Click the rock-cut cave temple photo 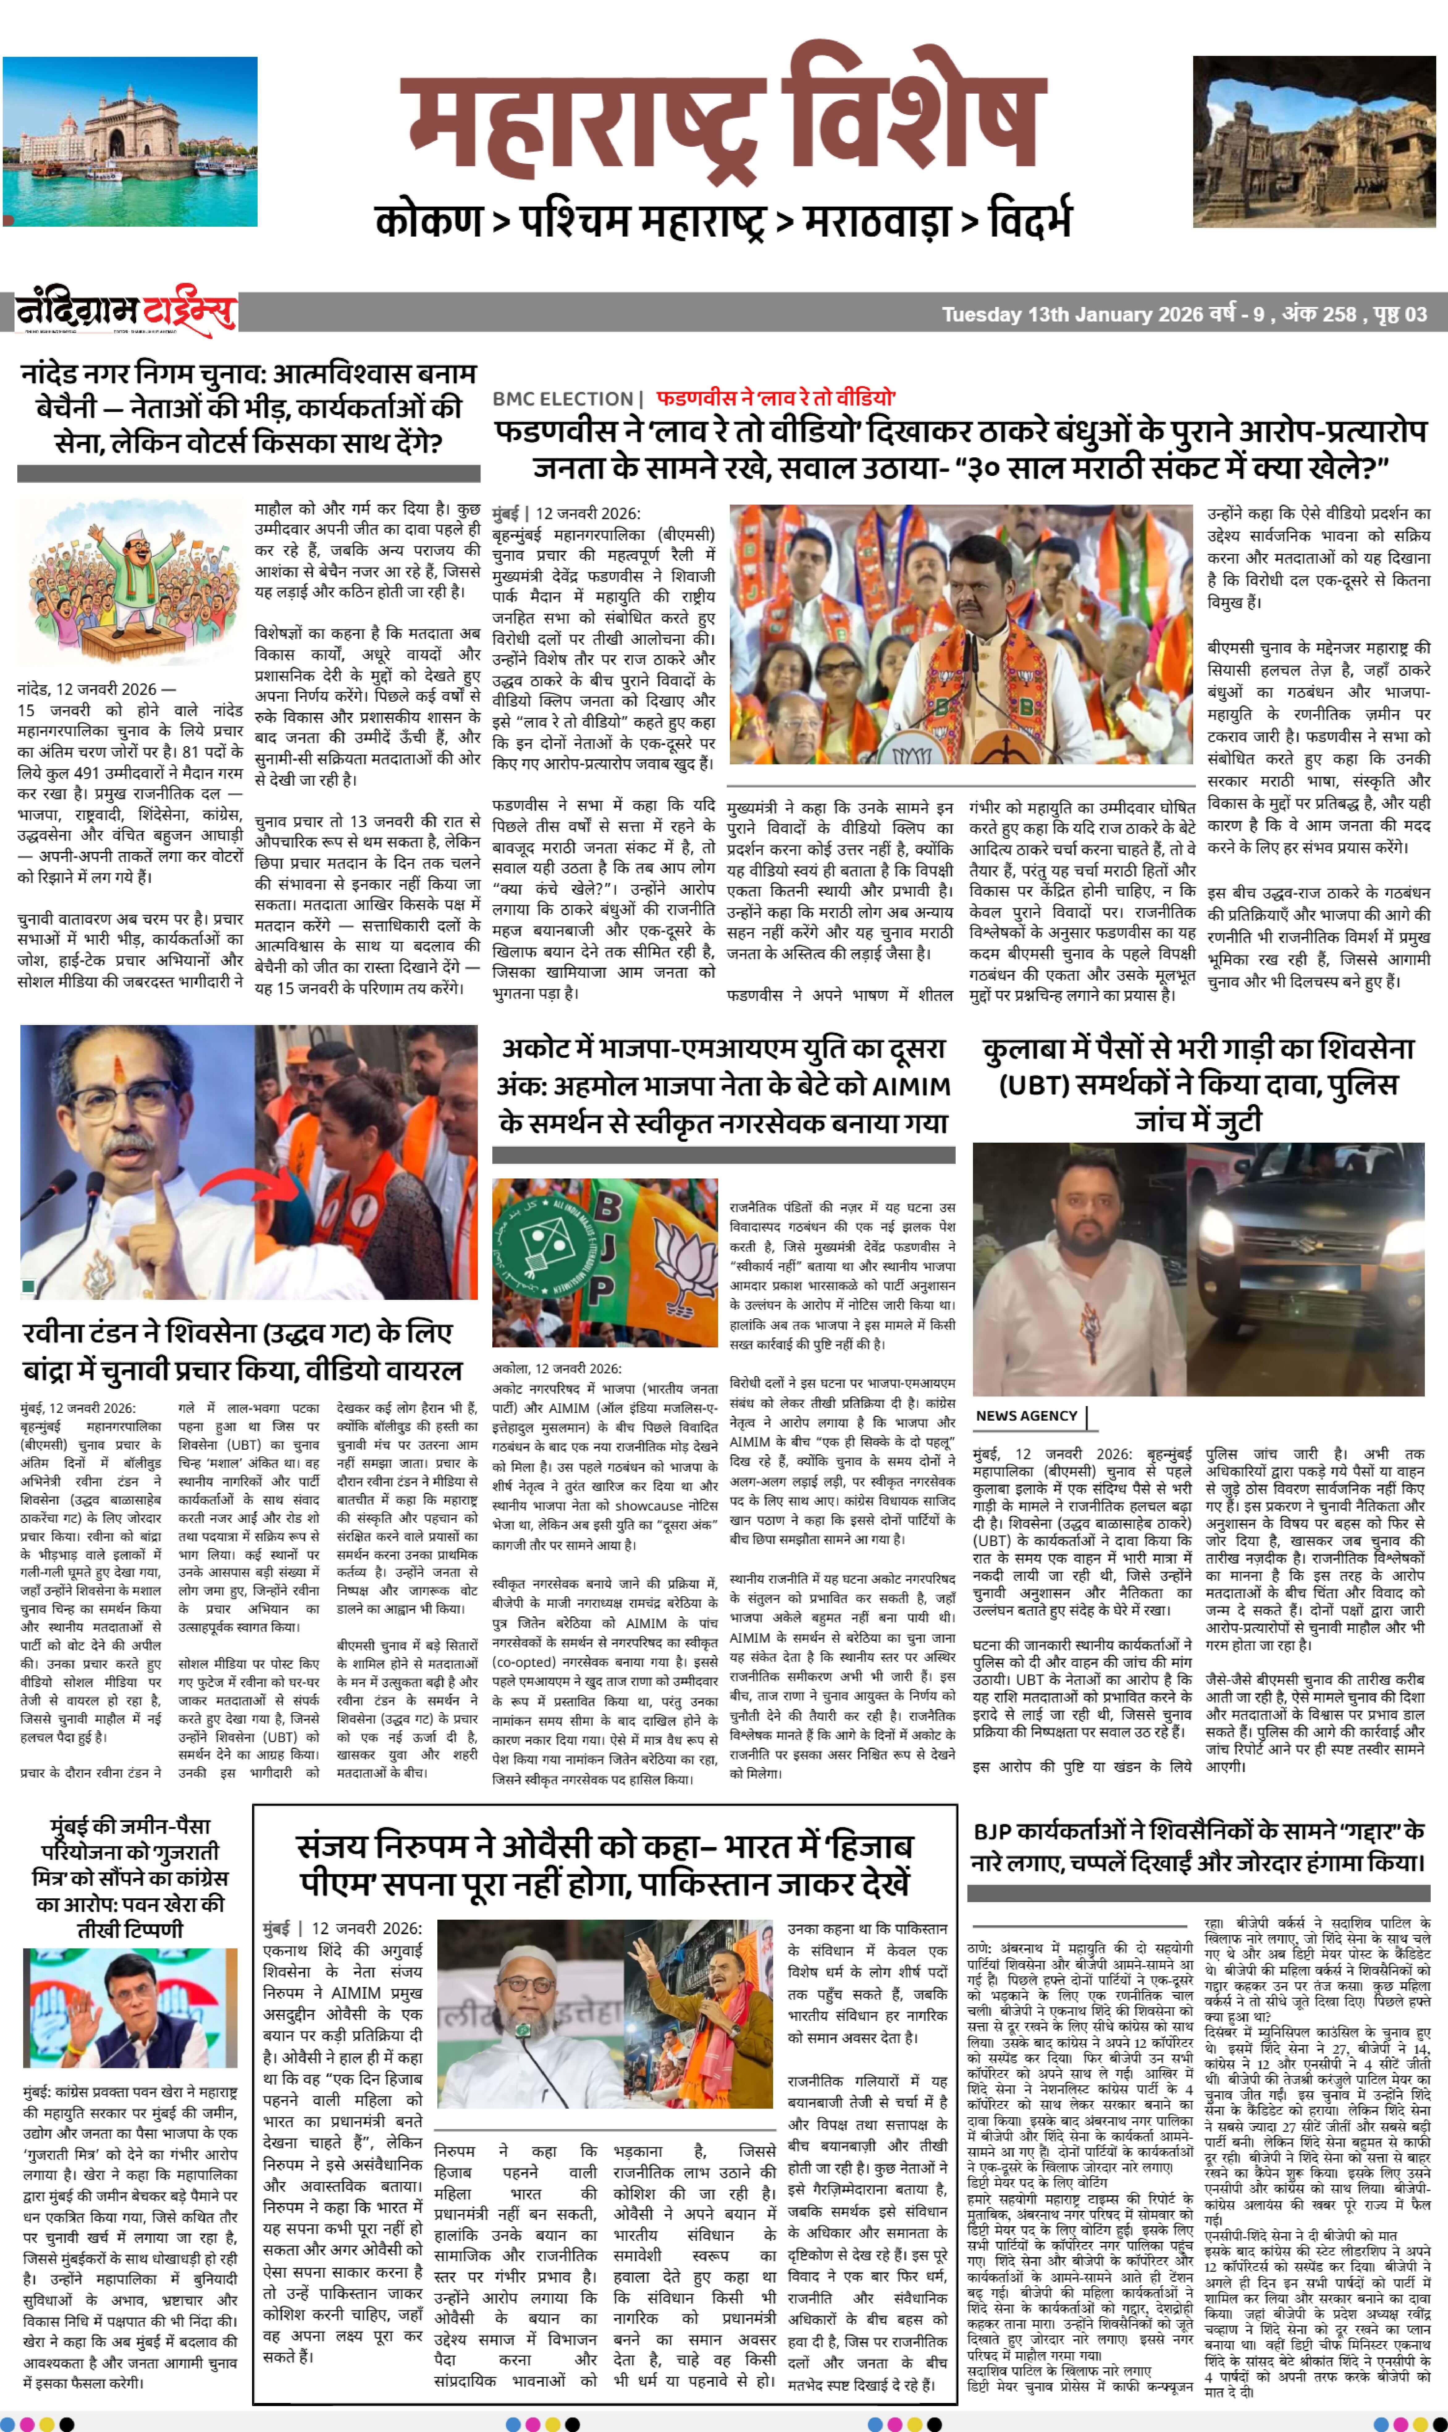[1314, 141]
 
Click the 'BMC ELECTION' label [563, 399]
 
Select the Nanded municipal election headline [249, 408]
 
